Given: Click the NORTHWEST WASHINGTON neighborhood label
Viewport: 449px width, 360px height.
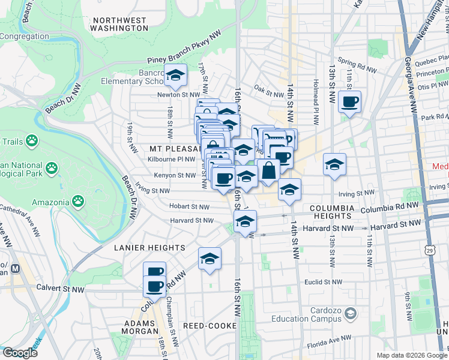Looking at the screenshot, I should [x=118, y=23].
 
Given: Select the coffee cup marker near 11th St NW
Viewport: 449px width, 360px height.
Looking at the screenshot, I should [x=349, y=101].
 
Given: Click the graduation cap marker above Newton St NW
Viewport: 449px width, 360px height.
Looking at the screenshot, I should [x=175, y=76].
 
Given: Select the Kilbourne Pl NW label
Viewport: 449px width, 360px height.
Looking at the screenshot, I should [x=171, y=159].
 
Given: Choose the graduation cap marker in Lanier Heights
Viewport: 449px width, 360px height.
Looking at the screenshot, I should [x=209, y=259].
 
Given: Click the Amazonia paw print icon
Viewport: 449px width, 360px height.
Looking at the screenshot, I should [x=78, y=199].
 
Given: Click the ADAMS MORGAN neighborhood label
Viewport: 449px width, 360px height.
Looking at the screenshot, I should [x=140, y=326].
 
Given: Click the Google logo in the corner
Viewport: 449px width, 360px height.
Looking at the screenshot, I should [x=20, y=353].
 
